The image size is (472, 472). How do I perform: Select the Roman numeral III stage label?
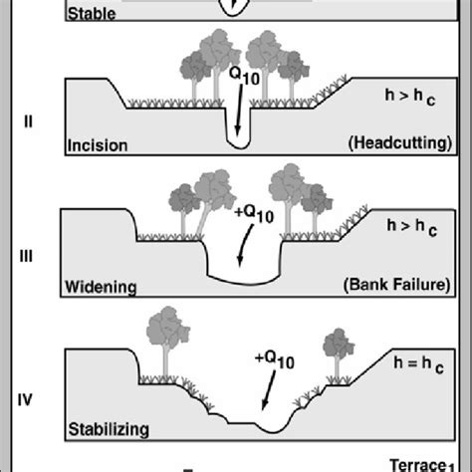click(27, 256)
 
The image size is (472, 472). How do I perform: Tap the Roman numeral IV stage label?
click(27, 401)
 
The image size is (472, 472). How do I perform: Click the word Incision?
click(97, 145)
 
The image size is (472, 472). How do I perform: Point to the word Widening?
click(101, 288)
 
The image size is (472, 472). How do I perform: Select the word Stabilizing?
click(109, 430)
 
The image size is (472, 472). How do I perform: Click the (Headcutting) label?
click(399, 143)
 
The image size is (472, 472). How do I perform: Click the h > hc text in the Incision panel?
click(410, 96)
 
